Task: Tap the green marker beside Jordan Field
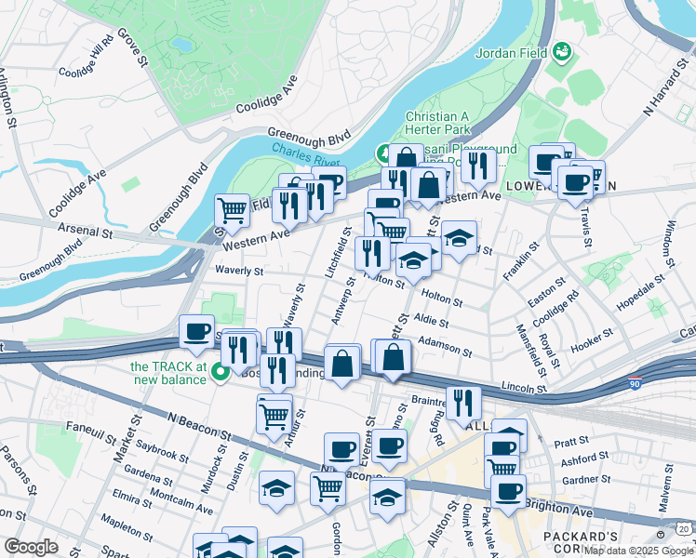coord(562,52)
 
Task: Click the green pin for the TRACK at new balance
coord(221,374)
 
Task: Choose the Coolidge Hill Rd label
coord(86,56)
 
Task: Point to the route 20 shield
coord(684,528)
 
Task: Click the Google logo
coord(31,547)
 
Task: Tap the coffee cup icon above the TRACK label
coord(197,333)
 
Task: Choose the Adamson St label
coord(446,346)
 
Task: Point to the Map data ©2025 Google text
coord(638,551)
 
